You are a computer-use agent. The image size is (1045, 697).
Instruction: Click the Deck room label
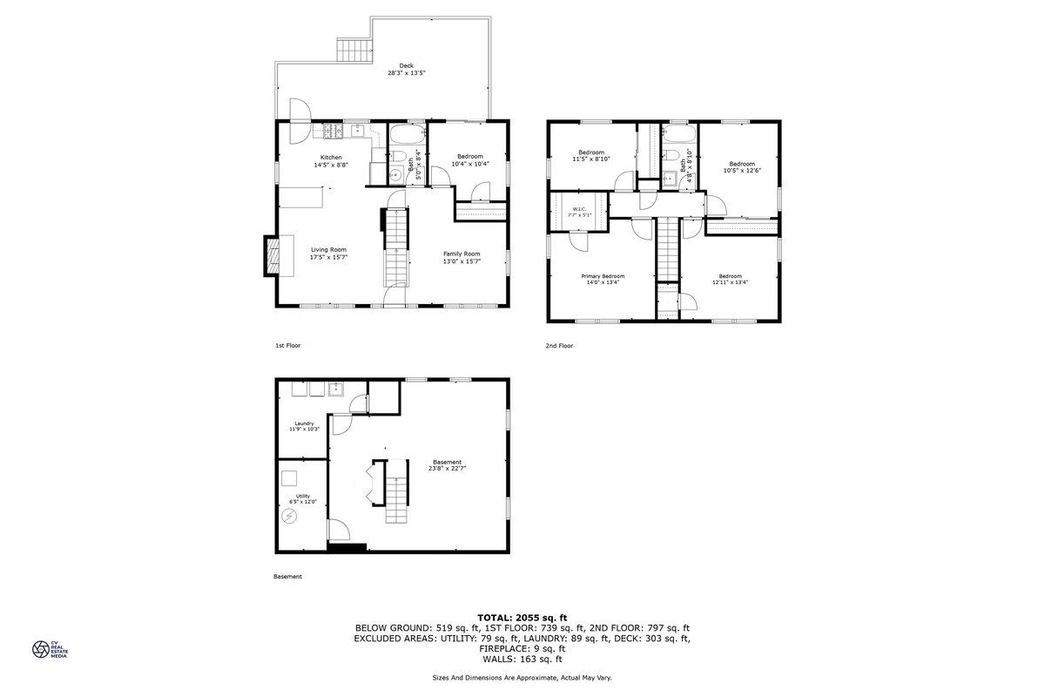tap(407, 69)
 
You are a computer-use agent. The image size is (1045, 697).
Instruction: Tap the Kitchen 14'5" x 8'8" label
tap(331, 161)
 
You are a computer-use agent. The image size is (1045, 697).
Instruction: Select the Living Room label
tap(329, 254)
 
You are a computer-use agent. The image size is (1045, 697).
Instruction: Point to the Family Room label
tap(462, 258)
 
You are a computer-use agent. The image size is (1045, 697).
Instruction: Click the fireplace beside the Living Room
tap(272, 256)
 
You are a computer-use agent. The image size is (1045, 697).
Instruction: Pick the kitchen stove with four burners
tap(334, 130)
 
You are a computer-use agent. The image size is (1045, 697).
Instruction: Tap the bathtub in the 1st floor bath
tap(408, 135)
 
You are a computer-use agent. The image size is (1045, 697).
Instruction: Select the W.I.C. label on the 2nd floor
tap(579, 212)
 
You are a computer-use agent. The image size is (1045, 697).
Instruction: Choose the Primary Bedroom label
tap(603, 279)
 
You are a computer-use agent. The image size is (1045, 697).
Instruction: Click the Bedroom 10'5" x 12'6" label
tap(742, 167)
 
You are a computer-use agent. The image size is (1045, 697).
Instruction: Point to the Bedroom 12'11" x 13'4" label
tap(730, 279)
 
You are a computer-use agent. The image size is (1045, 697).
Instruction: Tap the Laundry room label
tap(304, 426)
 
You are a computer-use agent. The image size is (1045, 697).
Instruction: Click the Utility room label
tap(303, 499)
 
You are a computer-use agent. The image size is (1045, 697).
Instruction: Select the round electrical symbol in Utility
tap(289, 516)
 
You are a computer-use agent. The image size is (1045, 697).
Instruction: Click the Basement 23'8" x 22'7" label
tap(448, 465)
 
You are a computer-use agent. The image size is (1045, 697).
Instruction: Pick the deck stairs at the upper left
tap(354, 51)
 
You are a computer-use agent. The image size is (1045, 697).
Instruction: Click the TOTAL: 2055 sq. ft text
tap(522, 618)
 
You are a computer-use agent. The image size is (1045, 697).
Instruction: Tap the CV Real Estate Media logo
tap(50, 649)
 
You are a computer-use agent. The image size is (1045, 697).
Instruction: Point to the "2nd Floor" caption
tap(559, 346)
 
